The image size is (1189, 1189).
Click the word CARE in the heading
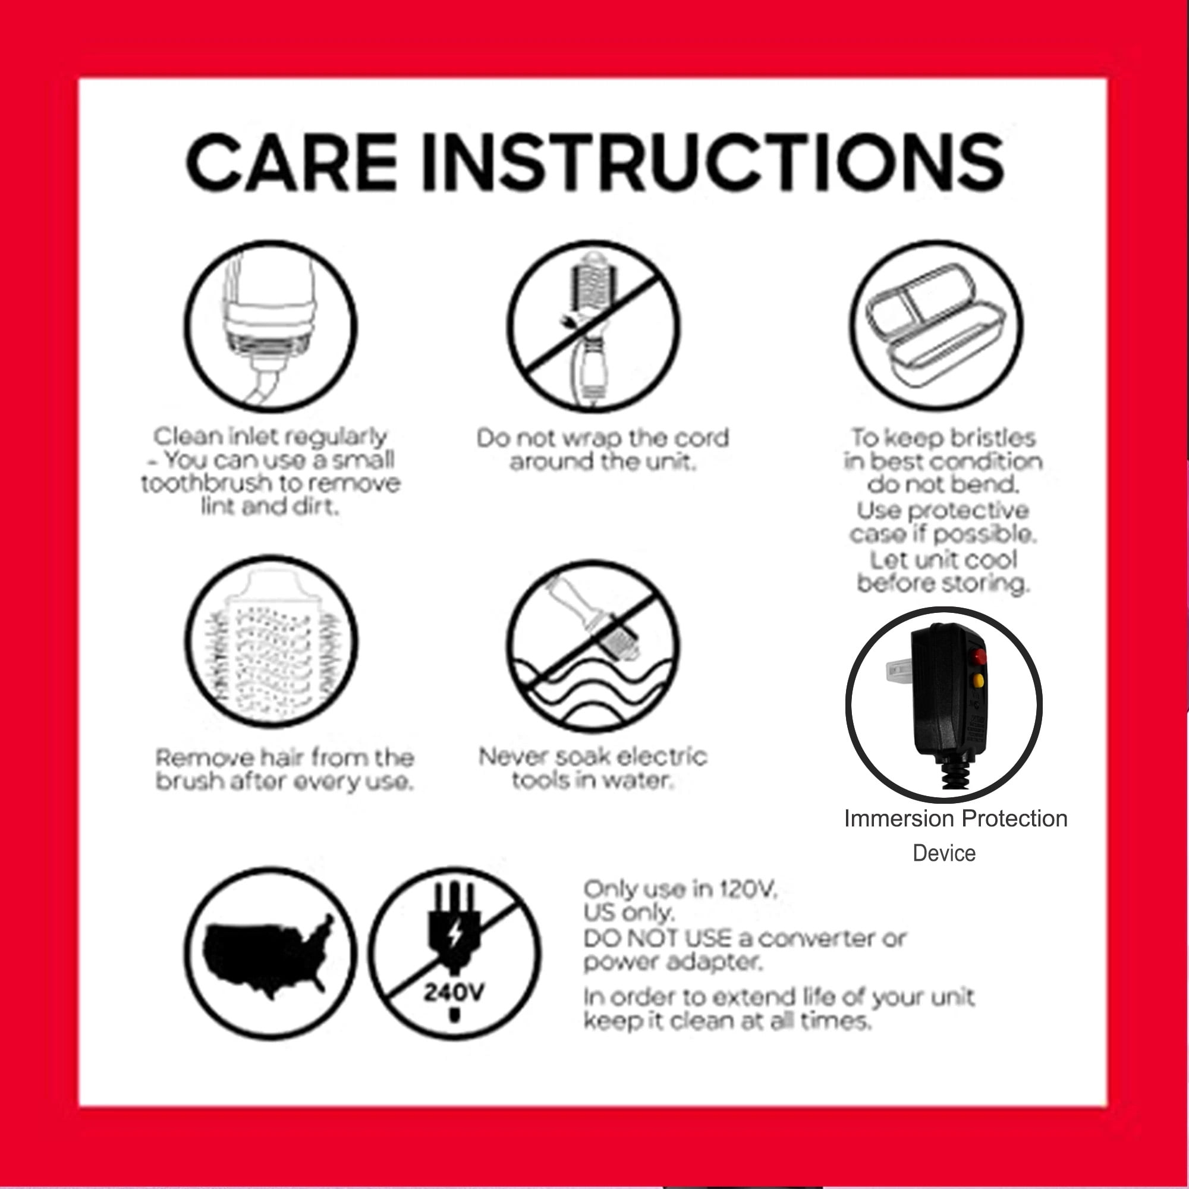(x=292, y=162)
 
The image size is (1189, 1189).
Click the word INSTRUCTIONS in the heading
(x=713, y=162)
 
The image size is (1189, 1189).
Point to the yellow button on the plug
(x=979, y=680)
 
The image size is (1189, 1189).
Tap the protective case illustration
(x=936, y=326)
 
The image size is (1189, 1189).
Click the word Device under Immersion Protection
(x=944, y=854)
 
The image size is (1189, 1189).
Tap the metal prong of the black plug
(x=899, y=669)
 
